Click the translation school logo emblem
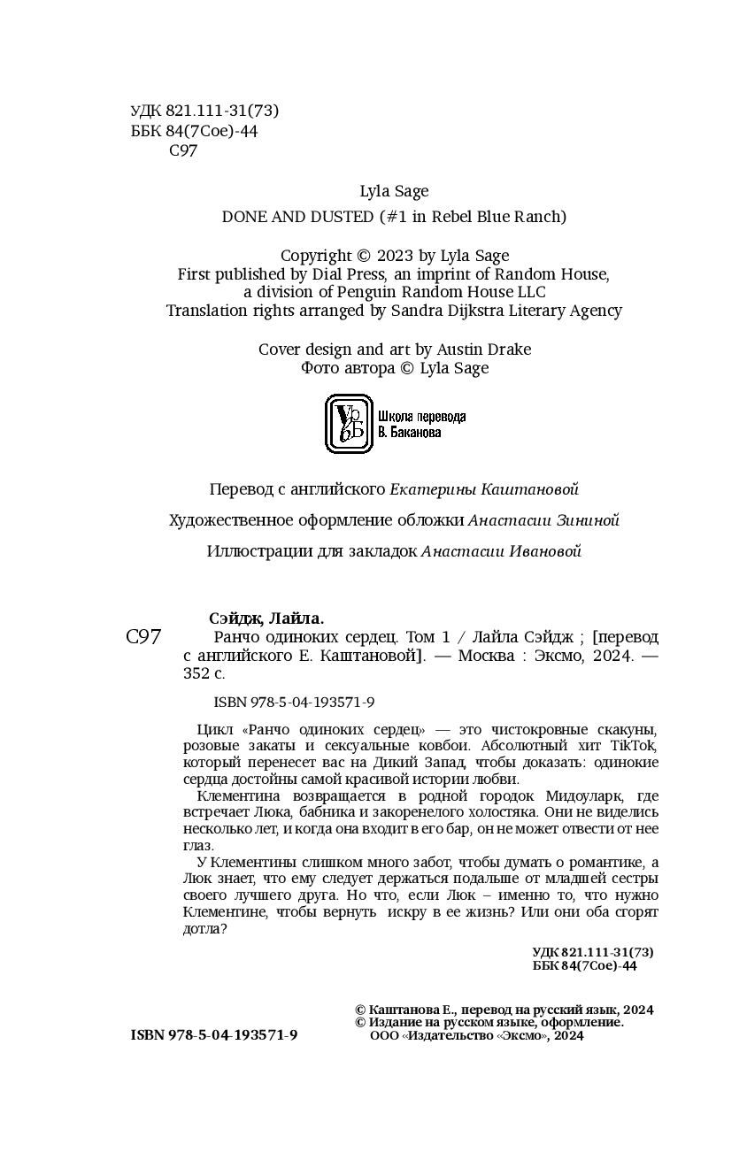click(349, 424)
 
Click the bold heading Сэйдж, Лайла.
click(266, 618)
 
